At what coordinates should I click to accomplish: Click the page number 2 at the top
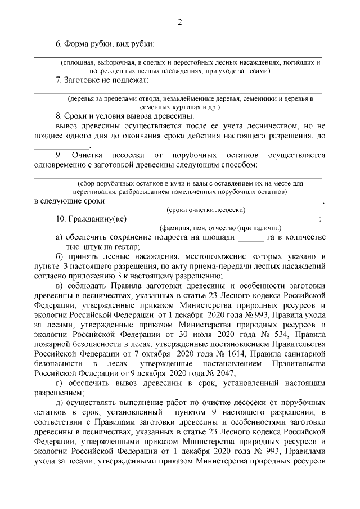coord(179,22)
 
